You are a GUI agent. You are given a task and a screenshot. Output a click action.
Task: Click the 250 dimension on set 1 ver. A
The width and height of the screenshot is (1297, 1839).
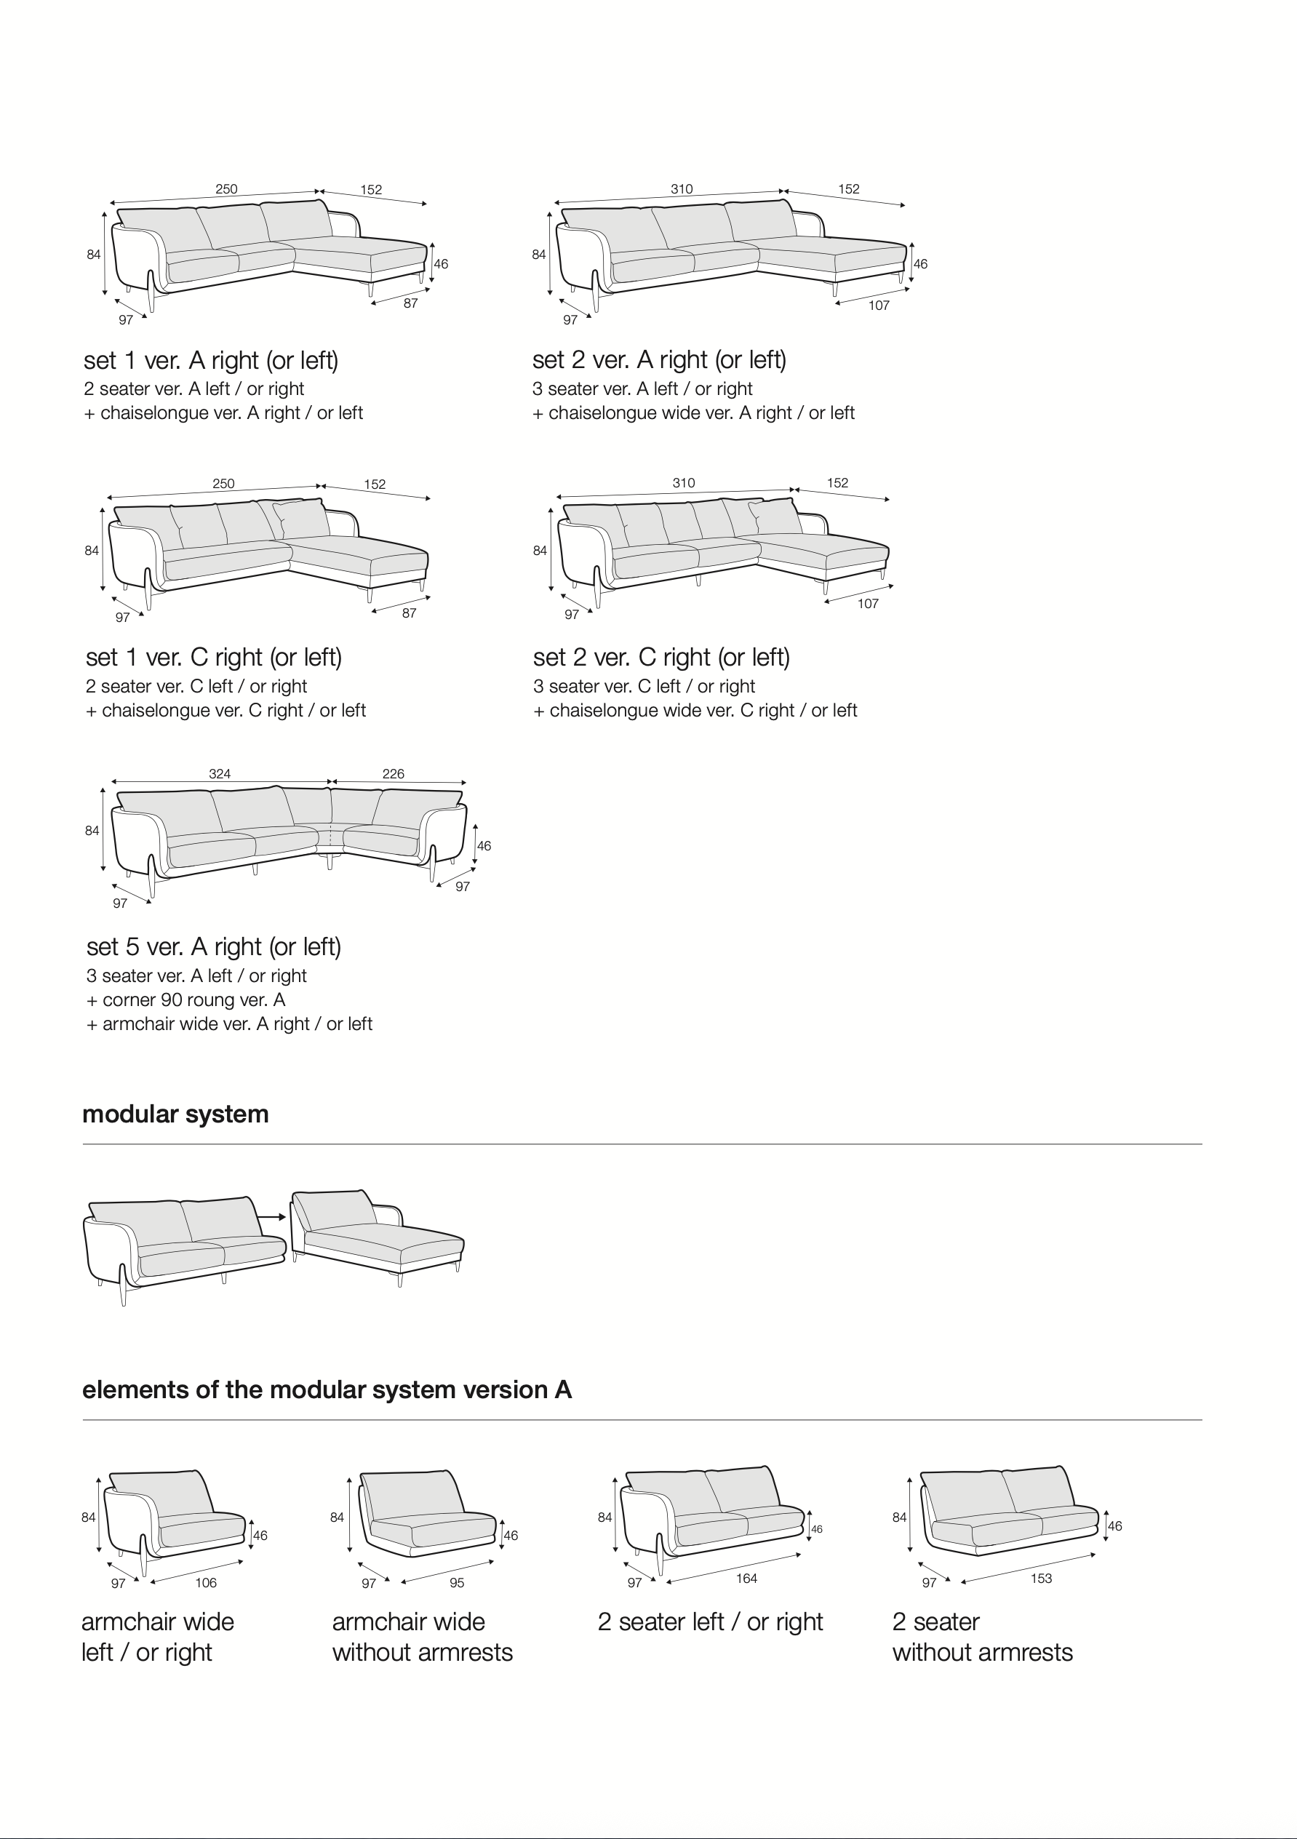[x=227, y=189]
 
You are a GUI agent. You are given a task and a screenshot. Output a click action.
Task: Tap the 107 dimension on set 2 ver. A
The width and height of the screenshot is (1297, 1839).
[x=879, y=305]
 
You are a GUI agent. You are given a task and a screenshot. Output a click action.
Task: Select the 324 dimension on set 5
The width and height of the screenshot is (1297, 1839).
[x=220, y=774]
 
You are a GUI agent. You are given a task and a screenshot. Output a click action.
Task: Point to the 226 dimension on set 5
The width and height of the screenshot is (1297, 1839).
[x=394, y=774]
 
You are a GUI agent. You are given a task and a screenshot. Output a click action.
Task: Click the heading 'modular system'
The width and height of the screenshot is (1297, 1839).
[x=175, y=1114]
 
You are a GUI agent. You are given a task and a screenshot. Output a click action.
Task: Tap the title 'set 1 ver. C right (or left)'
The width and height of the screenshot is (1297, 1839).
[x=214, y=658]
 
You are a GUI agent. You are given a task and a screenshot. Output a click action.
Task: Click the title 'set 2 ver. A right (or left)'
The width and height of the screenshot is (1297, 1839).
[x=659, y=360]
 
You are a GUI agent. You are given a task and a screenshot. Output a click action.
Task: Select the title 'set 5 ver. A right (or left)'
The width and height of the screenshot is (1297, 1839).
[x=214, y=946]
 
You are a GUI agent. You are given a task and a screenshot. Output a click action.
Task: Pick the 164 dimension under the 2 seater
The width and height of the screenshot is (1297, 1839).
[x=746, y=1578]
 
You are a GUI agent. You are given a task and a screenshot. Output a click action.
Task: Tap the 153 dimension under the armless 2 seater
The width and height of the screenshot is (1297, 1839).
[x=1042, y=1578]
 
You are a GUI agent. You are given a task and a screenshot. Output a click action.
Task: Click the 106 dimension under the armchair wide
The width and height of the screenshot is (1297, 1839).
[x=206, y=1583]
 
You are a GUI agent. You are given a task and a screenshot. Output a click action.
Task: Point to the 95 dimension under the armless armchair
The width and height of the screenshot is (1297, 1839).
[x=457, y=1583]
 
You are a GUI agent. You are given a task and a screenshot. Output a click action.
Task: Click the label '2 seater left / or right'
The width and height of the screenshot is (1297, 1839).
[x=711, y=1622]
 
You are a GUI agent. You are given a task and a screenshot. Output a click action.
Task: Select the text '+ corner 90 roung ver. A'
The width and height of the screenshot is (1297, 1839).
[x=186, y=1000]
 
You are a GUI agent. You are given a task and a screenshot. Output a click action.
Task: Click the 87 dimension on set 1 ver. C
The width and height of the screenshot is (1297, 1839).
[x=410, y=613]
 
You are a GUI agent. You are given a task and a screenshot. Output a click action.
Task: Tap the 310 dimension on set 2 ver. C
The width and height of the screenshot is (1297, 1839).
[x=683, y=483]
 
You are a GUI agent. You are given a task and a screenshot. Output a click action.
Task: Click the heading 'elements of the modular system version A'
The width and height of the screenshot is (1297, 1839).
[x=327, y=1389]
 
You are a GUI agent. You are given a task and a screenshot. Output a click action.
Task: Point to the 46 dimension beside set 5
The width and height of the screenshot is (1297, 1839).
[x=484, y=846]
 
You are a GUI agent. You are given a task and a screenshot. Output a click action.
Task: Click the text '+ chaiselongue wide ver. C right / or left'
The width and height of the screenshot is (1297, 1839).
[x=695, y=711]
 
